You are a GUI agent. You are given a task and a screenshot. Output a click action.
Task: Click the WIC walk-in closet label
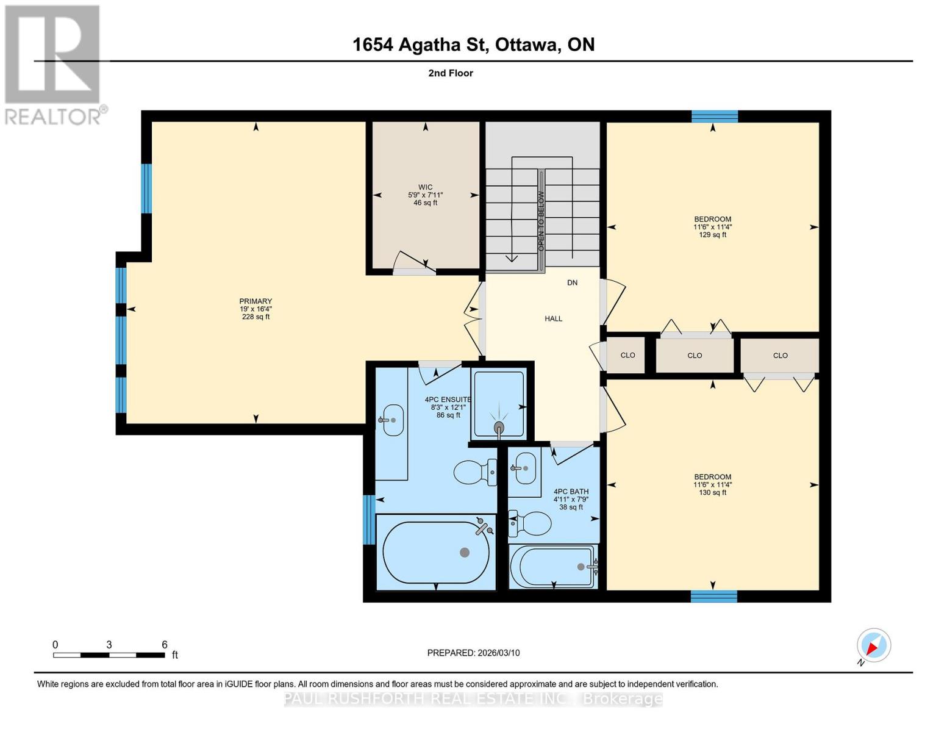[425, 188]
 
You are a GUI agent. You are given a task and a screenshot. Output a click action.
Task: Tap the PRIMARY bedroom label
[256, 301]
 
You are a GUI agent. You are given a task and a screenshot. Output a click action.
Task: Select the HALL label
[553, 318]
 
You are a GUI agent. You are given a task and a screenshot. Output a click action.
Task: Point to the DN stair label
[572, 283]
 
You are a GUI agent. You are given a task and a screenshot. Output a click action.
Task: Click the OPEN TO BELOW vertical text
[541, 221]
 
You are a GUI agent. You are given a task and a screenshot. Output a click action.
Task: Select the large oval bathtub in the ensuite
[435, 552]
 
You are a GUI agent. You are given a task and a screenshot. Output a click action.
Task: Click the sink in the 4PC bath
[524, 468]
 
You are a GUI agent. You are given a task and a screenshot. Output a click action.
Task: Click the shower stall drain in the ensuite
[499, 426]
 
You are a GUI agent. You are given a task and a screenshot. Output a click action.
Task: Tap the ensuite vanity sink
[393, 420]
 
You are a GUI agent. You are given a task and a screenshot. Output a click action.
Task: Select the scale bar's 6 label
[165, 645]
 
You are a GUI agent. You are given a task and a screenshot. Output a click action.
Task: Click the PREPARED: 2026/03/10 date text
[473, 653]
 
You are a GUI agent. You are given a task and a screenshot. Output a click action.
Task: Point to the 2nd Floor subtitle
[451, 73]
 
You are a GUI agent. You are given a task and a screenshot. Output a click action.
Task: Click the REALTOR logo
[53, 64]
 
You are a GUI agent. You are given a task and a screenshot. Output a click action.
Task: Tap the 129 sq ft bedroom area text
[712, 235]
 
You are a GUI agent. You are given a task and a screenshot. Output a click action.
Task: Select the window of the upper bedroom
[714, 117]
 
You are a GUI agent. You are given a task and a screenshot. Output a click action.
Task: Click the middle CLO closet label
[695, 356]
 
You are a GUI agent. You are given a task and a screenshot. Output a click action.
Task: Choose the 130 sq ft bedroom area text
[712, 493]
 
